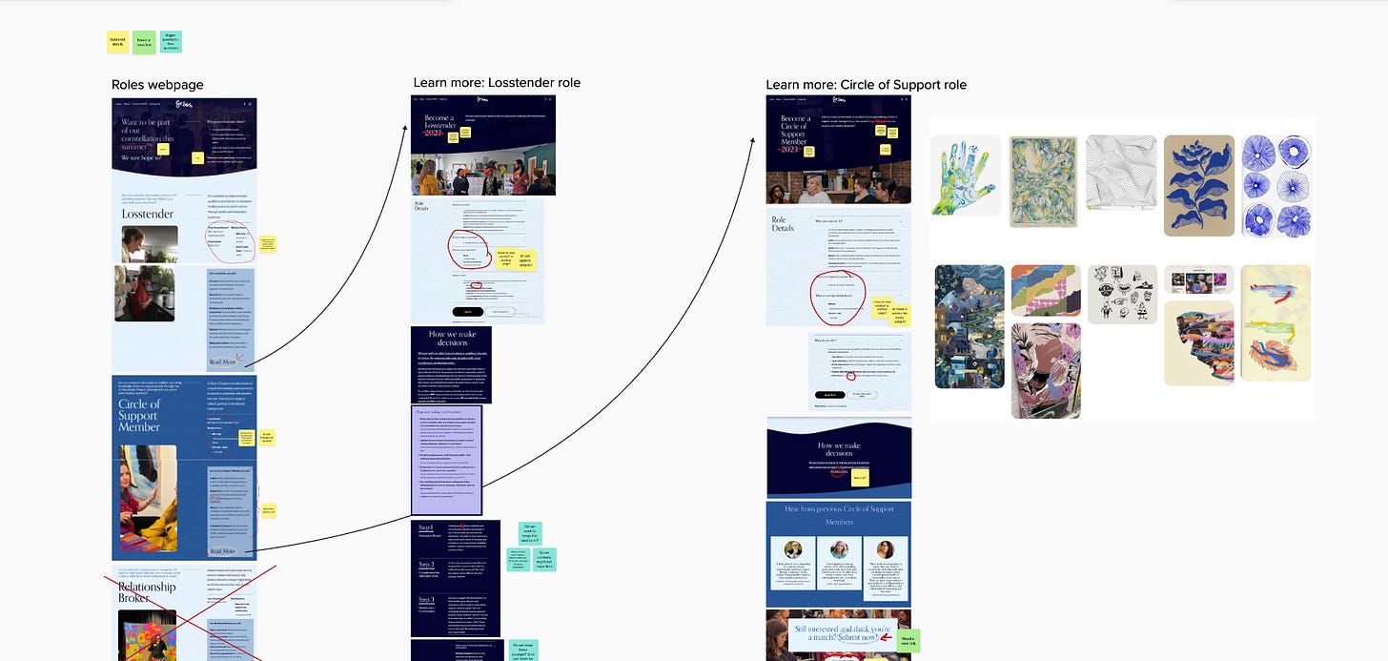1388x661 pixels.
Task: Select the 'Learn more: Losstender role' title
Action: click(x=497, y=83)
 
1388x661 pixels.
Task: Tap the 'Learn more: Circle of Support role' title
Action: click(x=866, y=85)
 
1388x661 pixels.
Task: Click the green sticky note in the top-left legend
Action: click(x=144, y=41)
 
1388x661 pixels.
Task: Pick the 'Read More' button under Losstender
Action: click(x=222, y=362)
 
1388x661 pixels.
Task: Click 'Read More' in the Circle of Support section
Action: click(x=222, y=551)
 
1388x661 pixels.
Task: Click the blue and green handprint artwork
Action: click(x=965, y=175)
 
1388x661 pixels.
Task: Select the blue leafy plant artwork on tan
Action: click(x=1198, y=185)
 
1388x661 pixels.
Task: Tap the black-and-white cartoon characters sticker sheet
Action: click(x=1122, y=294)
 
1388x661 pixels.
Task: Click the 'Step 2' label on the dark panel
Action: click(x=426, y=565)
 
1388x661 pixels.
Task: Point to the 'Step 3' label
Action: click(x=426, y=600)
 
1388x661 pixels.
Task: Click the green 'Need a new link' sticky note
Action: click(x=908, y=640)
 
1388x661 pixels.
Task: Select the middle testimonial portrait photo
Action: click(x=839, y=550)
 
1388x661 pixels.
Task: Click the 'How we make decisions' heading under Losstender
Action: click(x=450, y=340)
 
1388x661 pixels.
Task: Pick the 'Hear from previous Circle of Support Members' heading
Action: click(x=838, y=515)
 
